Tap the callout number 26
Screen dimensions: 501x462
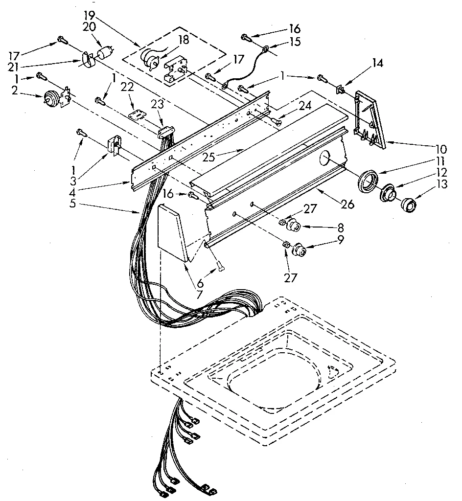[347, 205]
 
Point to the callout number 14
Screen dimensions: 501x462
[378, 63]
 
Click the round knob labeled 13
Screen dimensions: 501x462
[408, 205]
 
